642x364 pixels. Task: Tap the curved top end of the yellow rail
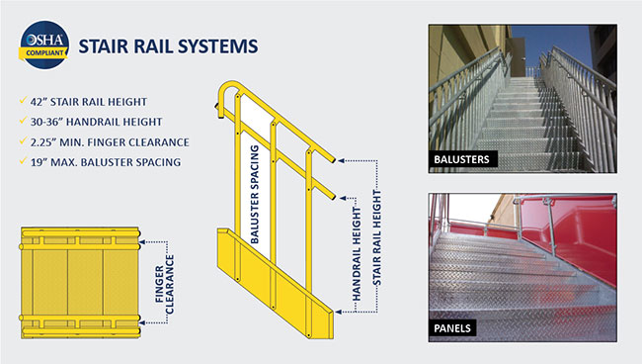[225, 91]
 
